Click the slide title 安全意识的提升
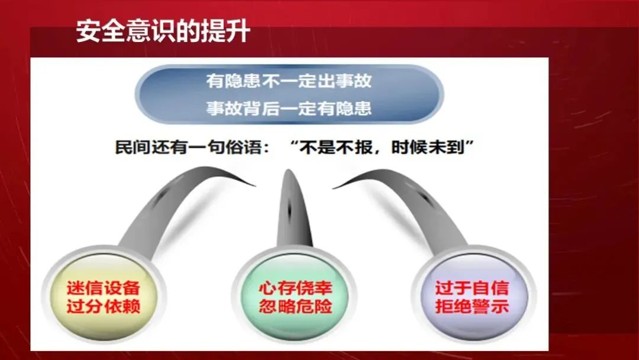tap(163, 31)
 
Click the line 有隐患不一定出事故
tap(289, 81)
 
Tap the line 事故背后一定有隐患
tap(289, 108)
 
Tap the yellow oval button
tap(104, 296)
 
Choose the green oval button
tap(295, 296)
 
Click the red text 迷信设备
tap(104, 288)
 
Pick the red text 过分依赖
tap(104, 306)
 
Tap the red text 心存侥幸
tap(295, 288)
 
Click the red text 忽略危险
tap(295, 306)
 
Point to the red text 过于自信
tap(472, 288)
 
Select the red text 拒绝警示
tap(472, 306)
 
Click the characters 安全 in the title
tap(101, 31)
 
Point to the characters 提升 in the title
tap(225, 31)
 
